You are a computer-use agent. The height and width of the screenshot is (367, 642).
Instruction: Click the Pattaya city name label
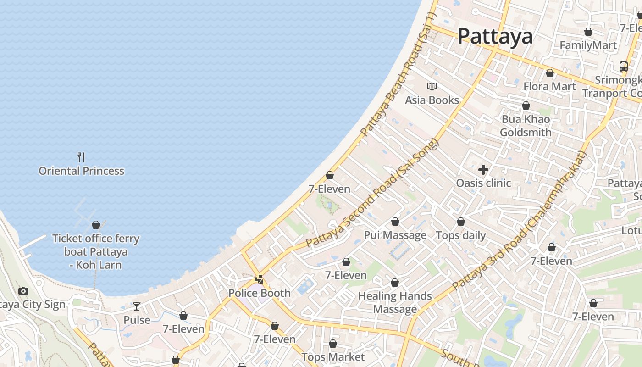[495, 36]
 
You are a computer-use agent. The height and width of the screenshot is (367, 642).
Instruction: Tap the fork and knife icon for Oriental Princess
[81, 157]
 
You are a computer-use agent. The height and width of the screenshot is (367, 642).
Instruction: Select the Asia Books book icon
[432, 86]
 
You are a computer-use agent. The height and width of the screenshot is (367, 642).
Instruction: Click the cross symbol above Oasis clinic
[483, 170]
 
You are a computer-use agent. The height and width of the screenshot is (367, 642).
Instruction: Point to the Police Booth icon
[260, 279]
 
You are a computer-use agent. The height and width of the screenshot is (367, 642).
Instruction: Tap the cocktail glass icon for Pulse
[137, 306]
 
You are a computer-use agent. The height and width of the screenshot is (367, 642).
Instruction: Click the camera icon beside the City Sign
[23, 291]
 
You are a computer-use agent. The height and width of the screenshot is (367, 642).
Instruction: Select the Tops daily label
[460, 235]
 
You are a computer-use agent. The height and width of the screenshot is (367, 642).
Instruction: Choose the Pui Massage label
[395, 235]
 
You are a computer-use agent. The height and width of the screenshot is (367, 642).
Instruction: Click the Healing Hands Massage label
[395, 302]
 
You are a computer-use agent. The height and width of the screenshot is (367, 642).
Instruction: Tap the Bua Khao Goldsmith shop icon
[526, 106]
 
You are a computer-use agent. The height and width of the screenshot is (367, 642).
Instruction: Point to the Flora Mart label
[549, 87]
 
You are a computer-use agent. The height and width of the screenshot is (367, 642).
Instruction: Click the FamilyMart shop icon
[588, 32]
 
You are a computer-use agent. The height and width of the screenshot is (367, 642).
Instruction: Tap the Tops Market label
[333, 357]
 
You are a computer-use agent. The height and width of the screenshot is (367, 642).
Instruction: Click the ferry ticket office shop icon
[96, 225]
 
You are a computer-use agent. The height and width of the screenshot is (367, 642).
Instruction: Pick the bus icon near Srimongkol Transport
[623, 67]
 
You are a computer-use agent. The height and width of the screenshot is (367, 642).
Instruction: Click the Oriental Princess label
[81, 171]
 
